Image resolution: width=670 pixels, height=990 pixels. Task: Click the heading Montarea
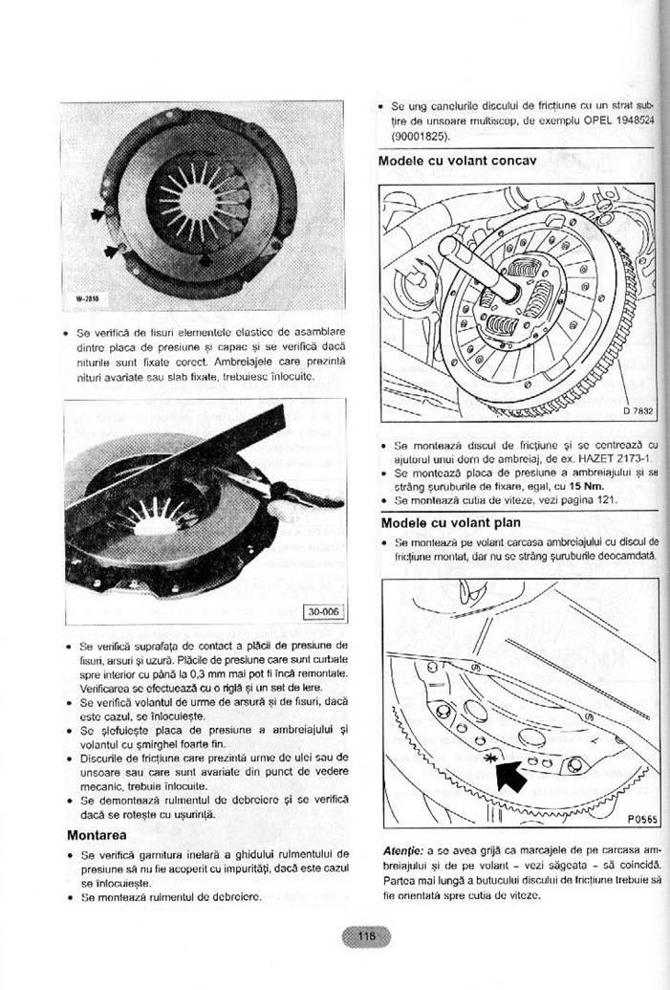(98, 834)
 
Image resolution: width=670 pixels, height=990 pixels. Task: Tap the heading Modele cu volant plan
(450, 522)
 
